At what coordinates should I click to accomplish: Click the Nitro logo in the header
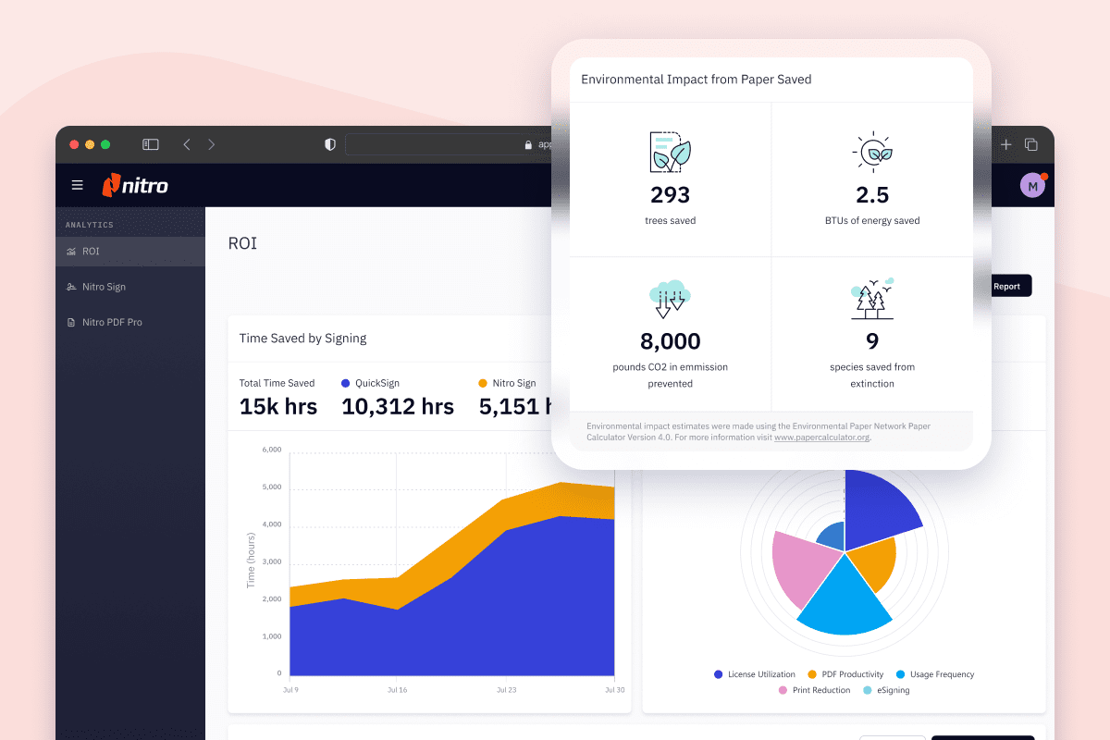135,185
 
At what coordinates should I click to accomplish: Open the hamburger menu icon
77,185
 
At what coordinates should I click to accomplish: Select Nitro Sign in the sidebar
104,287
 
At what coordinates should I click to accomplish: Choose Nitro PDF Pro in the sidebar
112,322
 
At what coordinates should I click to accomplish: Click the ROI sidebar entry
90,252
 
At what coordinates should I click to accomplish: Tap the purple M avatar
1032,185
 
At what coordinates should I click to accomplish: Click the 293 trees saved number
670,195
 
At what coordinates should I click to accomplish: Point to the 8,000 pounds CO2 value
670,341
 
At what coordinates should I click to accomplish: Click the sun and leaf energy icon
871,153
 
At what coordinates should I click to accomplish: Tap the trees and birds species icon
871,298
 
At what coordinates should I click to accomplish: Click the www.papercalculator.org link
821,438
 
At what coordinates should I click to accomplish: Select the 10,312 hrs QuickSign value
398,406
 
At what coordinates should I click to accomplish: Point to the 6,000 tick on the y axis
272,450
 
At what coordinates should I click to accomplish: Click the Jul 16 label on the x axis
398,690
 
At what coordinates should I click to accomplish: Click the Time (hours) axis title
251,561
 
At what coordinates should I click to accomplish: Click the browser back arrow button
187,144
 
